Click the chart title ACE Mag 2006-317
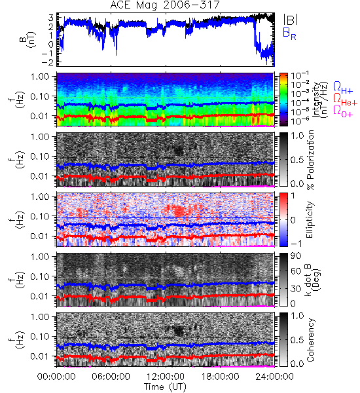point(165,5)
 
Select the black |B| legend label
point(291,20)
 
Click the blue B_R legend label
point(289,33)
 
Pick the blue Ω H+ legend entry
point(343,88)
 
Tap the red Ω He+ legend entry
point(345,100)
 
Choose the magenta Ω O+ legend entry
point(343,111)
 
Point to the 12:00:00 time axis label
point(166,377)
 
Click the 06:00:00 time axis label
point(111,377)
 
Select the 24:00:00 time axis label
point(274,377)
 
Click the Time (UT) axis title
point(166,386)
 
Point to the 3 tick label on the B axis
point(51,18)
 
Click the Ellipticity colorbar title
point(310,219)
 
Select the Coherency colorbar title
point(310,340)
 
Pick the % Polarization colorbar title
point(310,160)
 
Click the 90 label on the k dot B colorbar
point(296,256)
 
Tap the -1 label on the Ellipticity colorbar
point(297,244)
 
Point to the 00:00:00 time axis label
point(56,377)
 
